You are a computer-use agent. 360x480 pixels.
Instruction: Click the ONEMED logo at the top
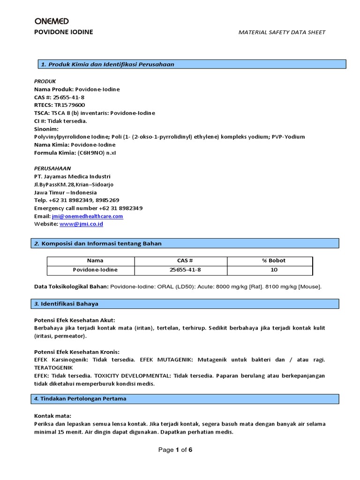52,21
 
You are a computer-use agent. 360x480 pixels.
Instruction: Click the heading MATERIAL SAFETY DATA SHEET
282,32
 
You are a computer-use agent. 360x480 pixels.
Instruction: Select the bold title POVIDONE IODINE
64,32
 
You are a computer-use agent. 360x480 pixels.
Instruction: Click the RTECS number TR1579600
70,105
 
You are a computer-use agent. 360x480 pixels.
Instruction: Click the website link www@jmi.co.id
81,224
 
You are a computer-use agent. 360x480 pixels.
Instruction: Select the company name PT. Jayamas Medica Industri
72,176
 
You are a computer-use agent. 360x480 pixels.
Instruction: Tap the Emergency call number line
88,208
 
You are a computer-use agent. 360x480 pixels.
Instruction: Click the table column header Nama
95,261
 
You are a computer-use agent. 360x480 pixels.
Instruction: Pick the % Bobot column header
274,261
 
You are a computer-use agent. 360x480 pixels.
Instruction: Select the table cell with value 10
274,270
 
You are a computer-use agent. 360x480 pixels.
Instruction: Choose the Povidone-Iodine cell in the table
95,270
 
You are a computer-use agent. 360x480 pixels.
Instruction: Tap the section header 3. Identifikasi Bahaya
69,304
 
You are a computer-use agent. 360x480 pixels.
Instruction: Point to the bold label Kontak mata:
52,416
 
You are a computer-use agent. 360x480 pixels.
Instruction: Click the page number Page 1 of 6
175,450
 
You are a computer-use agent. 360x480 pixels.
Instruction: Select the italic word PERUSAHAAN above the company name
52,168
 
